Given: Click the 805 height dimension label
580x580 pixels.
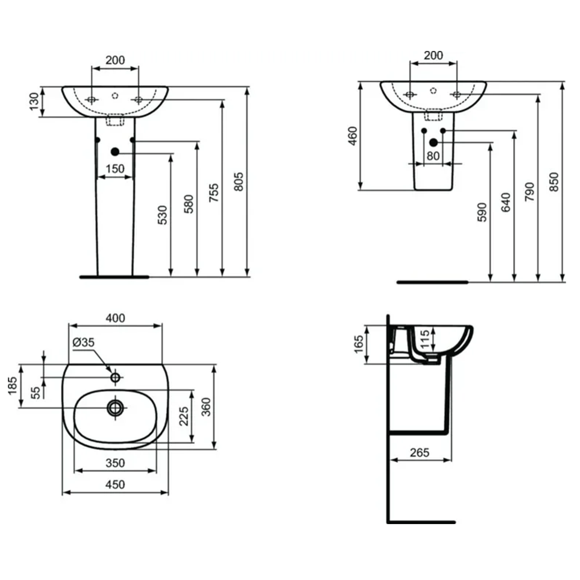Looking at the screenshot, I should (x=239, y=182).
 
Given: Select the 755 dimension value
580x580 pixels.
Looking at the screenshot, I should (x=213, y=193).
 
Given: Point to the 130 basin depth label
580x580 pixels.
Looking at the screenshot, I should (x=34, y=101).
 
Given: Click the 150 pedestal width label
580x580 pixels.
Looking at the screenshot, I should (x=115, y=169).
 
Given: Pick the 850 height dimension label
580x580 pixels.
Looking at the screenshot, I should (x=554, y=182).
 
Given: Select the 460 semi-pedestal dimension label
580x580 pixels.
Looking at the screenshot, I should (x=352, y=136).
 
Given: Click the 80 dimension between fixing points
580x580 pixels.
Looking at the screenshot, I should (x=433, y=156).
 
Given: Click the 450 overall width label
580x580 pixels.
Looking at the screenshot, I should (x=115, y=484).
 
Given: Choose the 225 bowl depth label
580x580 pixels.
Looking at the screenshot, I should (x=184, y=417).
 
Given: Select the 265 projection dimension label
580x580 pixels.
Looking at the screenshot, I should (x=420, y=452).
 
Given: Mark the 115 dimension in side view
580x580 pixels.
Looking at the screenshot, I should (x=425, y=340).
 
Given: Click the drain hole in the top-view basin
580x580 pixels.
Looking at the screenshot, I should (x=115, y=408).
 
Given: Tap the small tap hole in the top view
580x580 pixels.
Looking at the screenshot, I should (x=115, y=378).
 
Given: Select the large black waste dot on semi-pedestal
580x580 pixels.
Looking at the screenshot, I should (x=434, y=143).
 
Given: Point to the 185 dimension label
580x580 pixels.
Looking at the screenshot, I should (x=12, y=386).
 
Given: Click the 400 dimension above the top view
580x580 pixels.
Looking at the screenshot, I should (x=115, y=318).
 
